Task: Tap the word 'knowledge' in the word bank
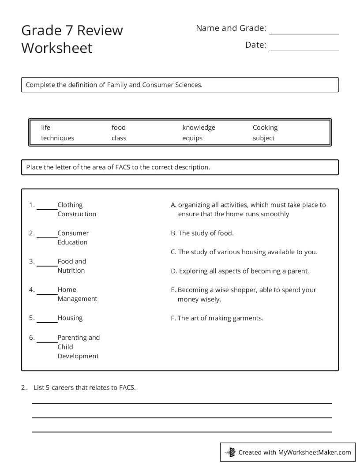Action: [199, 128]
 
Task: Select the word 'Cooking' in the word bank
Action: [265, 128]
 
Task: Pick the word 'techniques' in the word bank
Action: [58, 138]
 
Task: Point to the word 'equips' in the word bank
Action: [192, 138]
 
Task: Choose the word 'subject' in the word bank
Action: [263, 138]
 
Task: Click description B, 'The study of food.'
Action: [202, 233]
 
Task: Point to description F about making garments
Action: [217, 318]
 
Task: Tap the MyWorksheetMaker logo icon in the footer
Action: [231, 452]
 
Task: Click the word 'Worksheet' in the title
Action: [57, 48]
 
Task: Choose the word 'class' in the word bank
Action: [119, 138]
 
